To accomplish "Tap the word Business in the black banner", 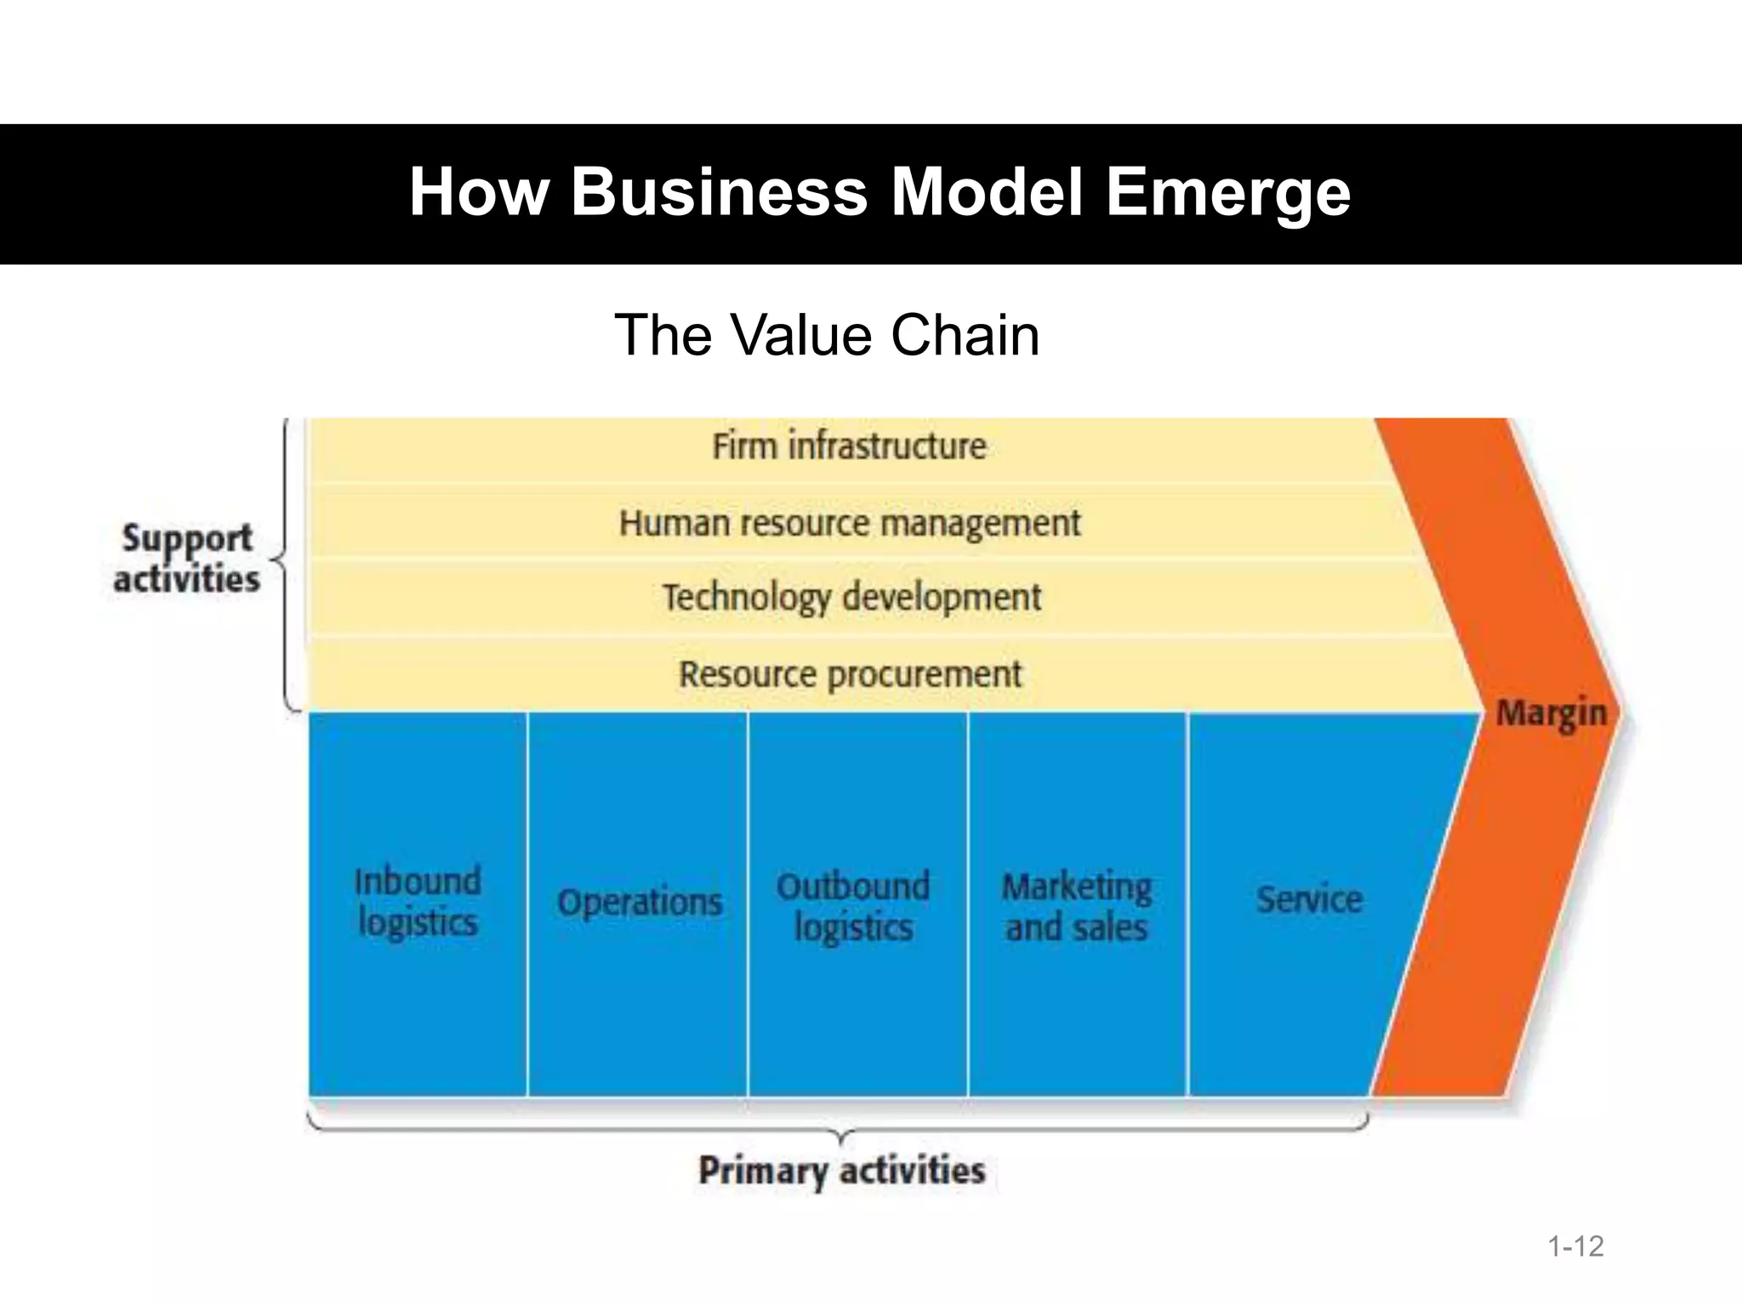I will point(719,192).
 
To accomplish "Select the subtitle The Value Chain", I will point(826,335).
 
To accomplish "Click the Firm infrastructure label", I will point(849,446).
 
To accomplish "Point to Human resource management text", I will point(849,523).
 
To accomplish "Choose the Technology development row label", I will point(851,598).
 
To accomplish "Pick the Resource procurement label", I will point(850,675).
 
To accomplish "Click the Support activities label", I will point(186,559).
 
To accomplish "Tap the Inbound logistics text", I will point(418,902).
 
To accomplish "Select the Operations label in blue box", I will point(640,902).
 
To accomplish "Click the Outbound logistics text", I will point(853,906).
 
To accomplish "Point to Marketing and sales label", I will point(1077,907).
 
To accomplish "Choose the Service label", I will point(1309,900).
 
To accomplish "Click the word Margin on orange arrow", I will point(1551,713).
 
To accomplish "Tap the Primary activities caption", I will point(841,1171).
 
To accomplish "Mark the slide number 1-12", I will point(1575,1246).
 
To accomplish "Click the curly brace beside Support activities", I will point(285,561).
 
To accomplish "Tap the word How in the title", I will point(479,192).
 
